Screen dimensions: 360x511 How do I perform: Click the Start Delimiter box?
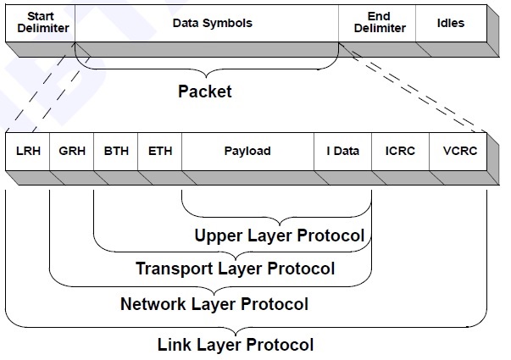[x=39, y=24]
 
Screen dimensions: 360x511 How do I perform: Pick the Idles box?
[x=451, y=24]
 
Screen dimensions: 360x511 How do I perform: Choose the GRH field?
[x=71, y=152]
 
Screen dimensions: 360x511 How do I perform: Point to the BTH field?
[x=115, y=152]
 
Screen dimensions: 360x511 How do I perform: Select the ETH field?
[x=159, y=152]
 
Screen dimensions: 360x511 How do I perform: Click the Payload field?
[x=247, y=152]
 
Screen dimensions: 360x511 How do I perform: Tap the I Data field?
[x=343, y=152]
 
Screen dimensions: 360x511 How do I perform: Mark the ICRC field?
[x=400, y=152]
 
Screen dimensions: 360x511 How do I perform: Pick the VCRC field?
[x=458, y=152]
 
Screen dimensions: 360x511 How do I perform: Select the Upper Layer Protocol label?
[x=280, y=235]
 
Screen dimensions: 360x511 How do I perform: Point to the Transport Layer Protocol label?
[x=235, y=269]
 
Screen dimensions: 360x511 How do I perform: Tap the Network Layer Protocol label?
[x=214, y=303]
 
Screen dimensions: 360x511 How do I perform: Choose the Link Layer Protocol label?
[x=236, y=345]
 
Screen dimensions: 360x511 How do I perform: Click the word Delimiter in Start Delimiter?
[x=39, y=29]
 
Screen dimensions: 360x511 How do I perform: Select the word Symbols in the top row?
[x=232, y=24]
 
